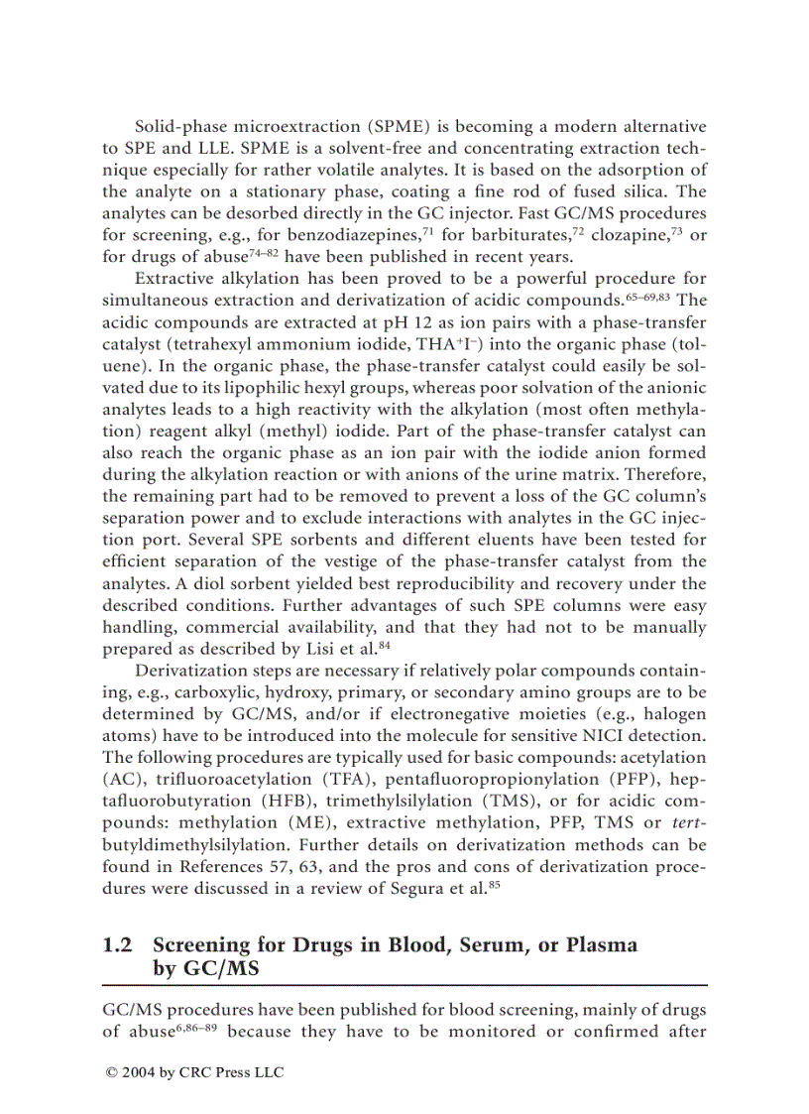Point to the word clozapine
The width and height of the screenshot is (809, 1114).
608,235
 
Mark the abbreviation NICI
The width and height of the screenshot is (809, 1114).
582,736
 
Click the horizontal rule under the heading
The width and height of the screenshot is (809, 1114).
404,984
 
